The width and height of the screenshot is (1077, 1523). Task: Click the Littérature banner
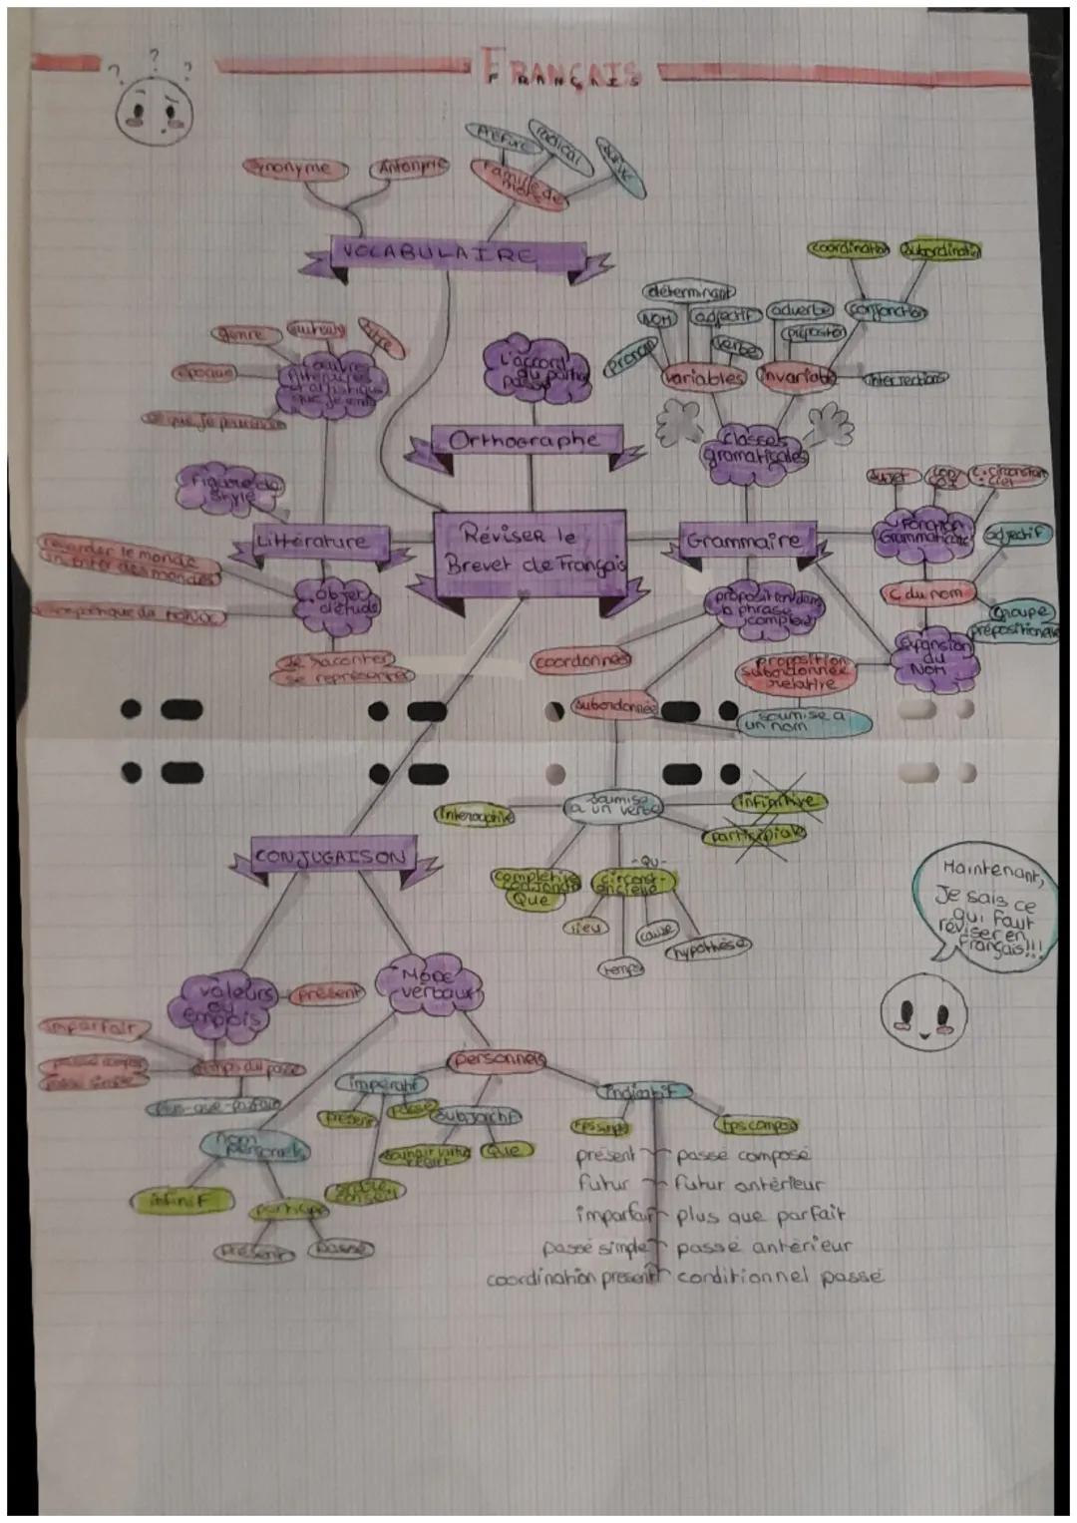pos(310,543)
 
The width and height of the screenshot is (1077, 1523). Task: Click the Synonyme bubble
pos(295,169)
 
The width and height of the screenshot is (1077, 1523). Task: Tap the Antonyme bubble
pos(409,167)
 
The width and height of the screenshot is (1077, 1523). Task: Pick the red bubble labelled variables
pos(703,378)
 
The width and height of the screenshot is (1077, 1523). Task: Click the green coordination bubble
pos(849,248)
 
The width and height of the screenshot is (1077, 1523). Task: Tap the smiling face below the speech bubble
pos(923,1010)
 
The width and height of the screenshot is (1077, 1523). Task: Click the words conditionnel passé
pos(780,1277)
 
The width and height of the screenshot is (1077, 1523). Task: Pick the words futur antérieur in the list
pos(749,1185)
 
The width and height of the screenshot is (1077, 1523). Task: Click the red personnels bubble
pos(498,1060)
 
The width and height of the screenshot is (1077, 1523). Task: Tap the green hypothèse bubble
pos(708,947)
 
